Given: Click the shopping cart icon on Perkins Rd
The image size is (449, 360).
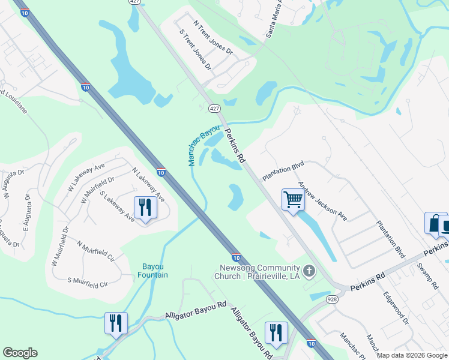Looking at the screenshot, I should tap(293, 200).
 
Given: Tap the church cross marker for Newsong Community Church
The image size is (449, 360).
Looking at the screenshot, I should tap(309, 272).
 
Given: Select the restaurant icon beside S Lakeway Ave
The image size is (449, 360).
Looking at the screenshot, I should tap(145, 208).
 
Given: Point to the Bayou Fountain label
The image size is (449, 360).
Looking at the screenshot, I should tap(155, 271).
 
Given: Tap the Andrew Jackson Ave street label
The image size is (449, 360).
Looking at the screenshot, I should tap(323, 202).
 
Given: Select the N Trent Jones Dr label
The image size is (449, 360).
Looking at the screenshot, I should tap(212, 37).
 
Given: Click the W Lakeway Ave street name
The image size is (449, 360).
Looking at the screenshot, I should tap(86, 175).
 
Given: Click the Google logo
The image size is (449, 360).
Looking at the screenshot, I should tap(20, 353).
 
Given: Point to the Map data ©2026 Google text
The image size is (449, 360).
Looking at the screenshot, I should tap(412, 355).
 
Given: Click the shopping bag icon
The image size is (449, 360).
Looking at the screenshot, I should tap(433, 223).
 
